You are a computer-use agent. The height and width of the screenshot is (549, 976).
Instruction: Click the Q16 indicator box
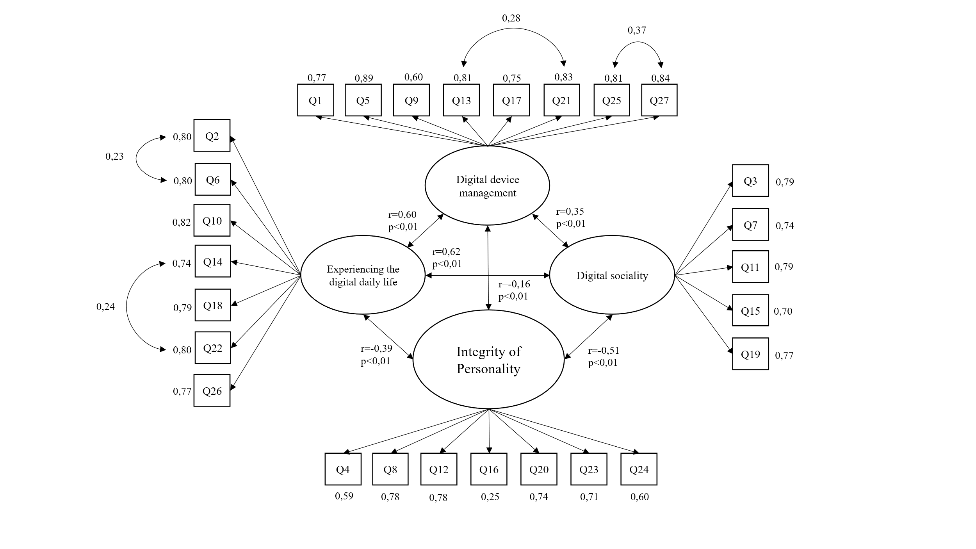coord(489,469)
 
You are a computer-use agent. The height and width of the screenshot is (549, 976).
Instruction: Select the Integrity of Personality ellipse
coord(488,360)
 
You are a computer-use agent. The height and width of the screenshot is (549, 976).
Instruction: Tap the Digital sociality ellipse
coord(612,275)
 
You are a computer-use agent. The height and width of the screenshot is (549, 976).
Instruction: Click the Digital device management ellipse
coord(487,186)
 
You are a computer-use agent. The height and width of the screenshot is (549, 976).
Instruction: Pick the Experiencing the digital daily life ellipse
coord(363,275)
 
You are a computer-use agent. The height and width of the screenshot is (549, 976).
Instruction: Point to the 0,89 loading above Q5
coord(363,78)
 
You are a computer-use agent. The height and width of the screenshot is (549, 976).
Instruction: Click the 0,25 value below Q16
coord(490,497)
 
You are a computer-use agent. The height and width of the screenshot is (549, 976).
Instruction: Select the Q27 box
coord(659,100)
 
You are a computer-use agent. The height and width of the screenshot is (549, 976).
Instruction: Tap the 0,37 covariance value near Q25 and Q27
coord(637,30)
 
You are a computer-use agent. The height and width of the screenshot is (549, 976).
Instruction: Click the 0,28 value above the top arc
coord(511,18)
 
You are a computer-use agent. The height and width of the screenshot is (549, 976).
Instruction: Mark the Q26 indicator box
coord(212,390)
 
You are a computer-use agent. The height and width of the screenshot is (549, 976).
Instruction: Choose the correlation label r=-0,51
coord(604,351)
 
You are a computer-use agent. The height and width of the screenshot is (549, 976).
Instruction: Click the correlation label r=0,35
coord(570,212)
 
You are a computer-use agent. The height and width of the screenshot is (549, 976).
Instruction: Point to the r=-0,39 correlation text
coord(376,348)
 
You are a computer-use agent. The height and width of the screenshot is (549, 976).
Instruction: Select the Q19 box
coord(750,354)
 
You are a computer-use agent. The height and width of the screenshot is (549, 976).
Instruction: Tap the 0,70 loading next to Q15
coord(783,311)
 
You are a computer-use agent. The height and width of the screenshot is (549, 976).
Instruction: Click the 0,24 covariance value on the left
coord(105,307)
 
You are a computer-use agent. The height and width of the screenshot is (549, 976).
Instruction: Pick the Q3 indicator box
coord(750,181)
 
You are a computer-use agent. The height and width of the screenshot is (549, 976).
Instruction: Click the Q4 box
coord(343,469)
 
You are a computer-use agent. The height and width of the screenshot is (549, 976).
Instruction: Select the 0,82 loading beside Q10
coord(182,222)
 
